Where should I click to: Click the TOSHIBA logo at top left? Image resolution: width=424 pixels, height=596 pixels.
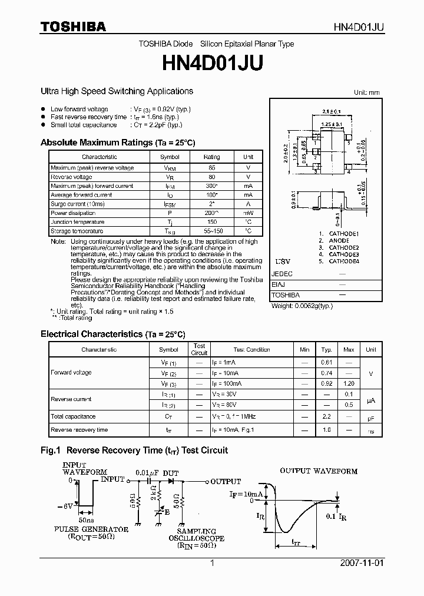coord(73,27)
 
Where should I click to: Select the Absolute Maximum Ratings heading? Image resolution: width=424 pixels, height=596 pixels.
coord(117,143)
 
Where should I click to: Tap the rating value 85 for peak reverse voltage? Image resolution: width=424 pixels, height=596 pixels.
coord(211,168)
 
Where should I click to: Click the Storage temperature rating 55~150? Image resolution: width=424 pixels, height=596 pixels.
coord(211,231)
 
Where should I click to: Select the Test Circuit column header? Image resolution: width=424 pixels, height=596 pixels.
coord(199,349)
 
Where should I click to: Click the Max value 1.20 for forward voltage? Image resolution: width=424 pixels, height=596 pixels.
coord(349,383)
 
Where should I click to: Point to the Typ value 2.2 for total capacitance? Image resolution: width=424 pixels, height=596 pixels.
coord(326,416)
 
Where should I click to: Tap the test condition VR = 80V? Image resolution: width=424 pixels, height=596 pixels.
coord(226,405)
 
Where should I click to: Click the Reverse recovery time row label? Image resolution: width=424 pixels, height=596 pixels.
coord(79,430)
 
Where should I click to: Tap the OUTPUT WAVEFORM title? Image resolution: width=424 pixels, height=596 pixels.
coord(318,471)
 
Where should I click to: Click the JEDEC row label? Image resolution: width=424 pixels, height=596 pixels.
coord(281,274)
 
